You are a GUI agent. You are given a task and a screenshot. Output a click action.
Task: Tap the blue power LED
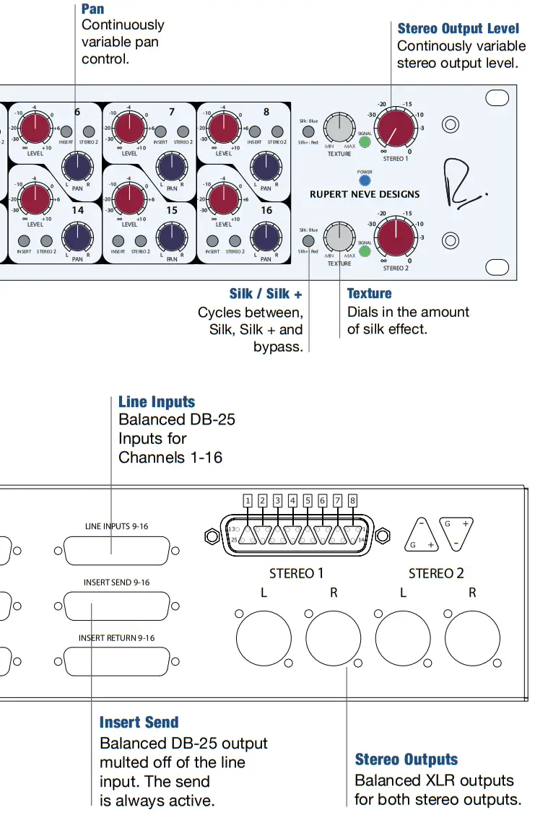pyautogui.click(x=365, y=180)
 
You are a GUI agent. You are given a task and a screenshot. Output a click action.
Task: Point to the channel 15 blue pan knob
pyautogui.click(x=171, y=236)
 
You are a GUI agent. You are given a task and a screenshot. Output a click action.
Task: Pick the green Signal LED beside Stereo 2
pyautogui.click(x=365, y=252)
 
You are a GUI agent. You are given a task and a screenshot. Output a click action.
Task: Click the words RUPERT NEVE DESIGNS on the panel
pyautogui.click(x=365, y=194)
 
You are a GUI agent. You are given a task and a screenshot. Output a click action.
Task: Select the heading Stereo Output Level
pyautogui.click(x=458, y=29)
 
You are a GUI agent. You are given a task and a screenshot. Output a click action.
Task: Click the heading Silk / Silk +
pyautogui.click(x=265, y=294)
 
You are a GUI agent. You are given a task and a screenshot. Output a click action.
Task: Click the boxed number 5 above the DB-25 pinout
pyautogui.click(x=308, y=500)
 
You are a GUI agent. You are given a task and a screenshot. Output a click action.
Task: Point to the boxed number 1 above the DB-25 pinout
pyautogui.click(x=248, y=500)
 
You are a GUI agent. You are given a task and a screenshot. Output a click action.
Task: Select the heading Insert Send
pyautogui.click(x=139, y=723)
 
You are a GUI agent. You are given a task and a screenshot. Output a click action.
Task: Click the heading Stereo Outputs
pyautogui.click(x=406, y=759)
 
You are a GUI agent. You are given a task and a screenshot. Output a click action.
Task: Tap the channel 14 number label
pyautogui.click(x=77, y=210)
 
